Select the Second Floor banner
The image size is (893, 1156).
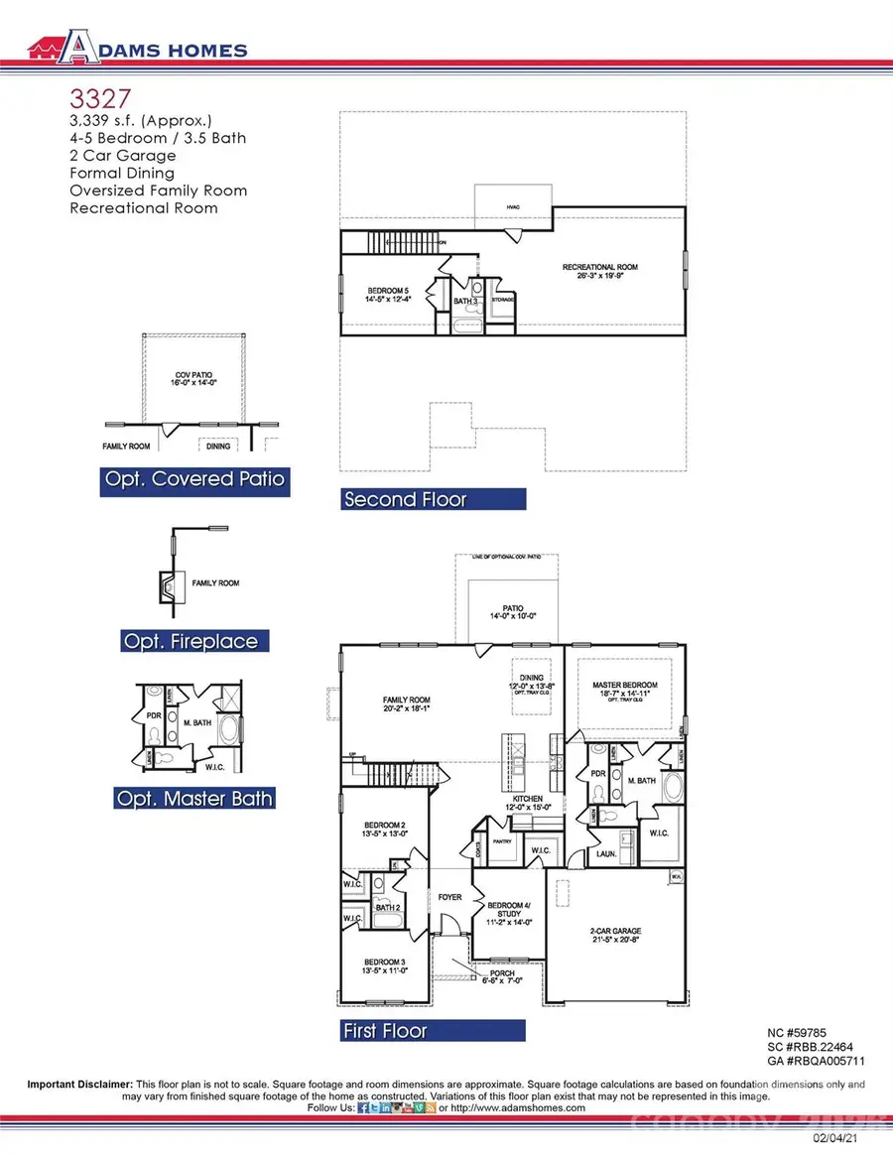pos(433,499)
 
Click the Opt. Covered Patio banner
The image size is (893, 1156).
pos(194,480)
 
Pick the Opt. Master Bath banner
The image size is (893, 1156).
pos(194,798)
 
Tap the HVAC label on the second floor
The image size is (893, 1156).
pos(513,206)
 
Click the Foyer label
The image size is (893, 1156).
pos(450,897)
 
